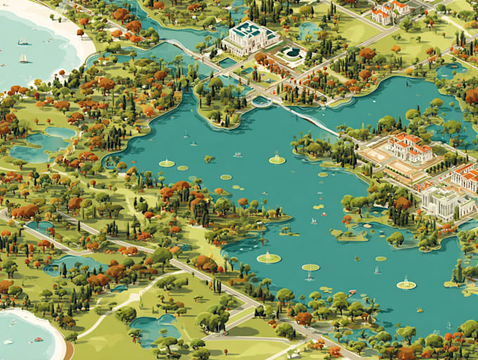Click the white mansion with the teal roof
click(249, 37)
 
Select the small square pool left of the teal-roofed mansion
click(226, 63)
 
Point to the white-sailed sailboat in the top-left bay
click(23, 58)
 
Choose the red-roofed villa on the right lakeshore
click(409, 147)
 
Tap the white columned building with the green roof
click(446, 201)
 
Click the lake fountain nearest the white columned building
click(406, 283)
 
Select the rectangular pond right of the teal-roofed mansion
click(308, 30)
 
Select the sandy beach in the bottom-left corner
click(49, 330)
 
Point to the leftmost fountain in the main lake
click(167, 163)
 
